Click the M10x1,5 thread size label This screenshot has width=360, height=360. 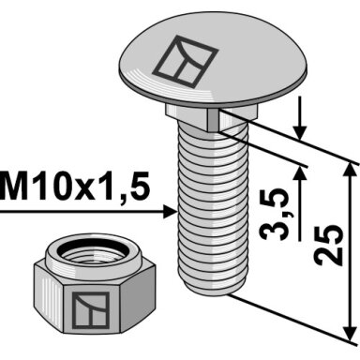(x=74, y=187)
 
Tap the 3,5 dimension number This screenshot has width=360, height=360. (x=275, y=214)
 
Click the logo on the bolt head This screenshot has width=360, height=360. (x=186, y=61)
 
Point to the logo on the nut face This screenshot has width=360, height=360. (x=91, y=310)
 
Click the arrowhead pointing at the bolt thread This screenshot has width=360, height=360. (x=171, y=212)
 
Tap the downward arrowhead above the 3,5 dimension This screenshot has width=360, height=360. (x=300, y=133)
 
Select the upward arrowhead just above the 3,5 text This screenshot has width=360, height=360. (x=301, y=172)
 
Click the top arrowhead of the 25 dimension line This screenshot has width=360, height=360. (x=351, y=171)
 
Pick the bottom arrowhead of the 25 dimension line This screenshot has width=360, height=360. (x=350, y=334)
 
